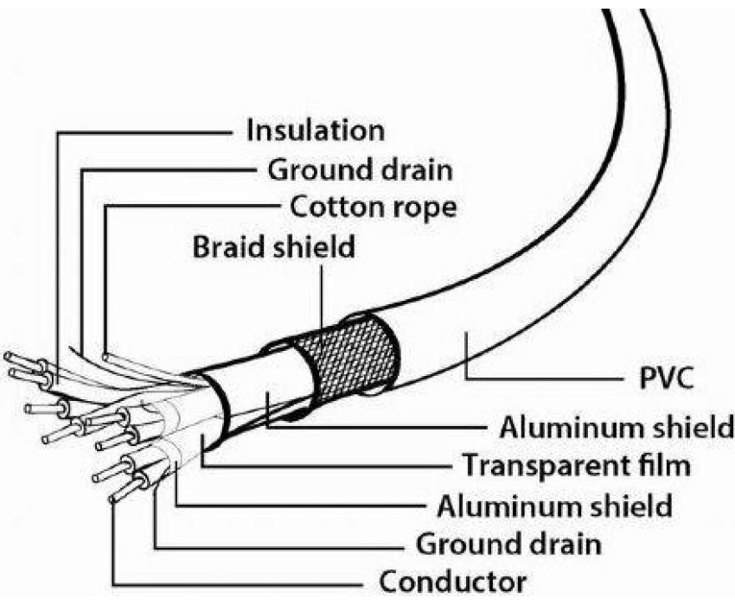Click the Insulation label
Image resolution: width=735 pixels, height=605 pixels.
click(315, 131)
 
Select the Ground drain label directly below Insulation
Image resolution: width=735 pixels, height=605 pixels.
click(358, 169)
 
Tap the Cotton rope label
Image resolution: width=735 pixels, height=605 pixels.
click(374, 207)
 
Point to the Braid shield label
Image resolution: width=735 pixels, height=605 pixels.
click(273, 247)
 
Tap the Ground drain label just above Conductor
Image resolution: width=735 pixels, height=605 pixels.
click(509, 544)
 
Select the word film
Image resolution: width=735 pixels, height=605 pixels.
click(662, 466)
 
